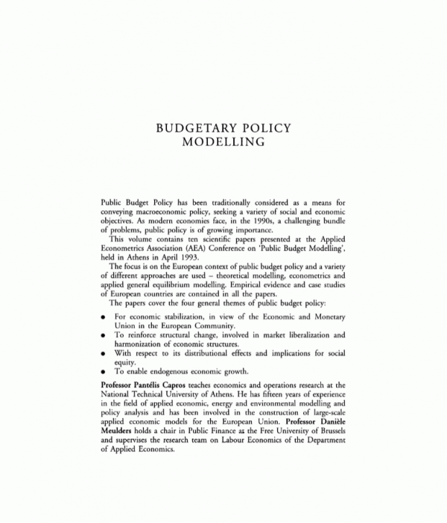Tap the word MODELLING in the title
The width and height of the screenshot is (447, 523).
(224, 141)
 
